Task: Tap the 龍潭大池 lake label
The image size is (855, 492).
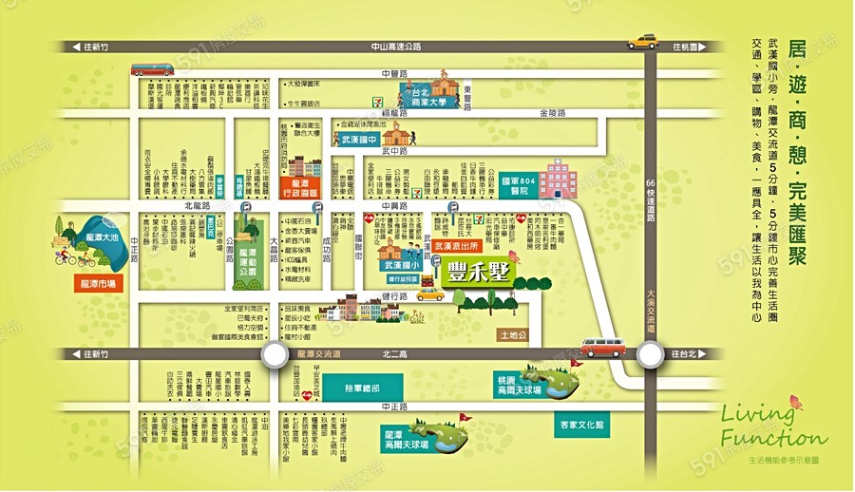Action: [x=102, y=237]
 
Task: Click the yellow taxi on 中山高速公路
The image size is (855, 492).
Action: [x=643, y=42]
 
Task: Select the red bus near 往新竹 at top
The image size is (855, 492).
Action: [x=152, y=69]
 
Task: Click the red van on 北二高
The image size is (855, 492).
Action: [x=602, y=348]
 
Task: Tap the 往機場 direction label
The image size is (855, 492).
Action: [x=686, y=46]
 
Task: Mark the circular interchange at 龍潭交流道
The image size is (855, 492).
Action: [x=275, y=354]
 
